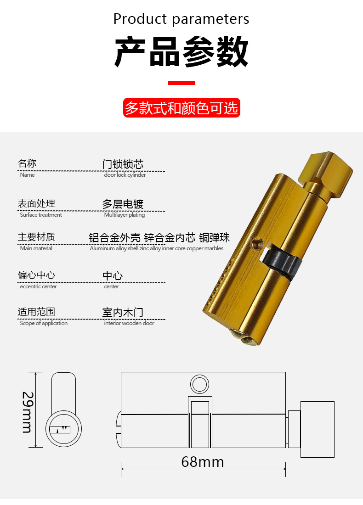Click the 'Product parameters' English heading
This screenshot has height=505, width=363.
point(181,19)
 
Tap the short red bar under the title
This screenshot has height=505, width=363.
point(181,83)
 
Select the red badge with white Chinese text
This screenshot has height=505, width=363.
point(181,108)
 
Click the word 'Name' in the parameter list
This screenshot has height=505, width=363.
point(28,175)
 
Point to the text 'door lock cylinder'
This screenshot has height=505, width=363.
point(125,175)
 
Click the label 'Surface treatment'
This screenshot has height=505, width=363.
point(41,215)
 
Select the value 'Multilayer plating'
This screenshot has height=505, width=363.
point(125,215)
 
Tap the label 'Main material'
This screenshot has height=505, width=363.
point(36,248)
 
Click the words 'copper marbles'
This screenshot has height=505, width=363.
point(205,248)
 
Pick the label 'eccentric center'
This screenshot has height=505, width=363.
point(38,286)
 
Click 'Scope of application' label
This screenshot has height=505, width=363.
point(44,323)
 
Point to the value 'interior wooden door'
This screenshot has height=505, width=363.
point(129,323)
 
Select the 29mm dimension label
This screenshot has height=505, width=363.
point(28,412)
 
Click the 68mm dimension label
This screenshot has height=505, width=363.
point(203,462)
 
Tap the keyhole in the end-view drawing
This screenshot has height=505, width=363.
point(60,430)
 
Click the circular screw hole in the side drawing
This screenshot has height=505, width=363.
point(199,384)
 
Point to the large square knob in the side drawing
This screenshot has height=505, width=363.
point(318,429)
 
